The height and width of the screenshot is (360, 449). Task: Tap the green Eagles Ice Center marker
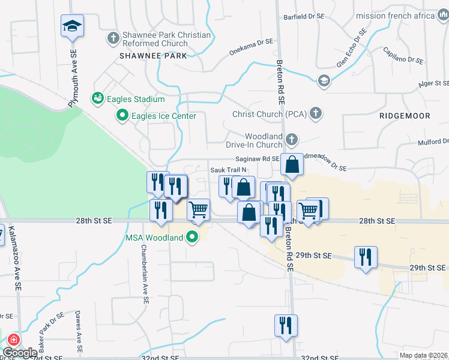(x=123, y=115)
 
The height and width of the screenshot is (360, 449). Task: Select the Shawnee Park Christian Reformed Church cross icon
(x=113, y=39)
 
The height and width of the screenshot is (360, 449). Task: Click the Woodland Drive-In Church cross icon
(x=291, y=140)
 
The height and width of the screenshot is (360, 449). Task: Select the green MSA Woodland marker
(x=193, y=238)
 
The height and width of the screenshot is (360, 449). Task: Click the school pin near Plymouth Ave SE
(x=73, y=26)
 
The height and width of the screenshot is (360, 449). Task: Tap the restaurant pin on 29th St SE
(x=366, y=257)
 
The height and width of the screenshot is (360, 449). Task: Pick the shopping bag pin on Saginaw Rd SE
(x=291, y=165)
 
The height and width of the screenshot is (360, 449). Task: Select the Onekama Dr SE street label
(x=252, y=47)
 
